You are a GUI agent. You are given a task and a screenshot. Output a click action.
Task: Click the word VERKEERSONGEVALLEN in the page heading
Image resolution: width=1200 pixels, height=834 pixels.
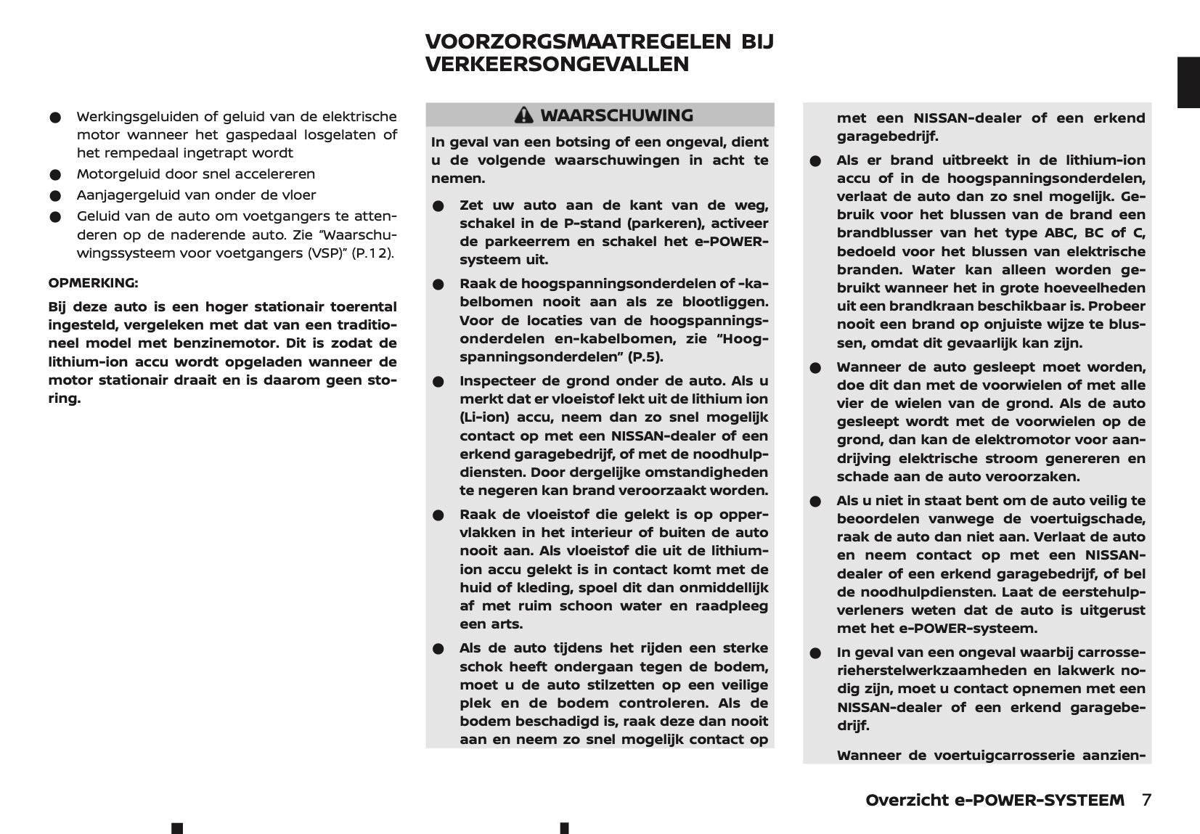pyautogui.click(x=557, y=65)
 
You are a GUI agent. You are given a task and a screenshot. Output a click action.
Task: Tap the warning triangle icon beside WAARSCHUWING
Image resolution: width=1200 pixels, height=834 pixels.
pyautogui.click(x=523, y=115)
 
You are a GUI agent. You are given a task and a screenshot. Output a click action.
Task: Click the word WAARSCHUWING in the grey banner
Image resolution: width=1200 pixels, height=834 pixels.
pyautogui.click(x=616, y=115)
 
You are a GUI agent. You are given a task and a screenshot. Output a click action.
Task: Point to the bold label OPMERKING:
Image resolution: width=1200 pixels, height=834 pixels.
pyautogui.click(x=93, y=283)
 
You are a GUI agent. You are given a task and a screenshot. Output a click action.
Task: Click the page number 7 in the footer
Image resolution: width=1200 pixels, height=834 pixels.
pyautogui.click(x=1146, y=800)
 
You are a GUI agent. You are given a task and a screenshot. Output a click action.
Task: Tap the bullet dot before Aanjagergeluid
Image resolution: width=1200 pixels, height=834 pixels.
pyautogui.click(x=54, y=196)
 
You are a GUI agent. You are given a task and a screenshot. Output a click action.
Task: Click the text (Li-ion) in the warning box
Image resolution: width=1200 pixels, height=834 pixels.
pyautogui.click(x=485, y=417)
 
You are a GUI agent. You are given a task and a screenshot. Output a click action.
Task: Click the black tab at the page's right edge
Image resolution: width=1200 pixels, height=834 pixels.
pyautogui.click(x=1188, y=82)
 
